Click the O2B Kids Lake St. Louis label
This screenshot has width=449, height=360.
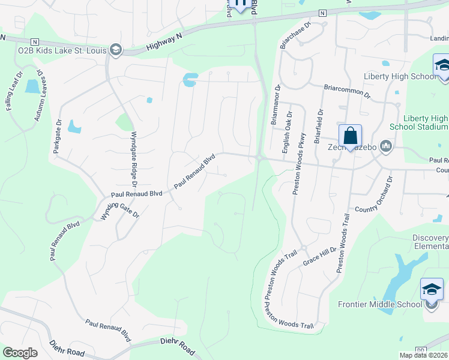(x=62, y=50)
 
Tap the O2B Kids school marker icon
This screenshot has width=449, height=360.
(x=116, y=50)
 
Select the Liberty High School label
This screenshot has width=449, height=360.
(x=400, y=76)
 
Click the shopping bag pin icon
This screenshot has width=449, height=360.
(x=350, y=136)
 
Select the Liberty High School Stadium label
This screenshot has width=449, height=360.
(x=426, y=122)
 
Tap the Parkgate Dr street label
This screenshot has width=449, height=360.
(x=58, y=137)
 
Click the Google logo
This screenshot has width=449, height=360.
(x=20, y=353)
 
